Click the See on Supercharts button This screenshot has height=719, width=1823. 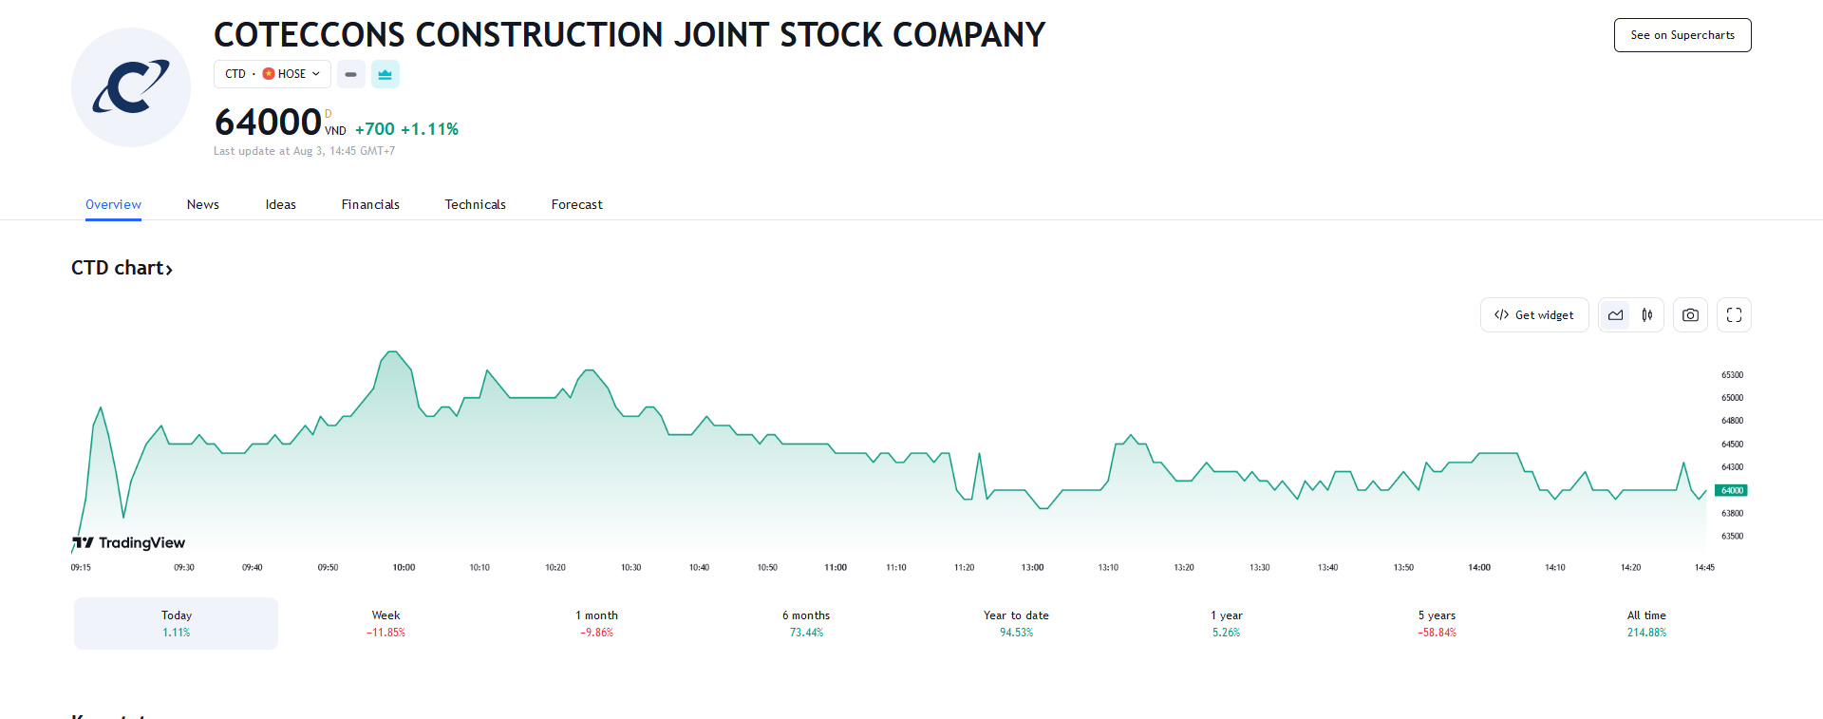click(1682, 35)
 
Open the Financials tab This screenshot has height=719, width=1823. click(370, 204)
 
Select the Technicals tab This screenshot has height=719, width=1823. click(475, 204)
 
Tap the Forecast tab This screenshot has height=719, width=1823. click(576, 204)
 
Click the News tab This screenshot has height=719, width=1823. click(202, 204)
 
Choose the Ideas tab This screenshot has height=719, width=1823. click(280, 204)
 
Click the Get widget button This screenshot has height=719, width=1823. click(1533, 315)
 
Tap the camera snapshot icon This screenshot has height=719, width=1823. click(1690, 315)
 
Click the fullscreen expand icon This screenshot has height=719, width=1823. click(1734, 315)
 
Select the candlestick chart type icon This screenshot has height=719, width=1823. click(1647, 315)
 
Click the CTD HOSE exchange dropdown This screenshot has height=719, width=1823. click(273, 74)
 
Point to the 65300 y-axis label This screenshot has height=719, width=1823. click(1732, 375)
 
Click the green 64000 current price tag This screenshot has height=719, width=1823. click(1731, 491)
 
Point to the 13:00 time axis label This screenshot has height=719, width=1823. click(1032, 568)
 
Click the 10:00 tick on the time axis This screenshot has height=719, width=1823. click(404, 568)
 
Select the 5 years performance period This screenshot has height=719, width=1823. click(1437, 623)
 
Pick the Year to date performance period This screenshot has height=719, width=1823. click(1016, 623)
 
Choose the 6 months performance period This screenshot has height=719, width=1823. click(806, 623)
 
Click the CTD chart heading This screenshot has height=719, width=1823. click(122, 268)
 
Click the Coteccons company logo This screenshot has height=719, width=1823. click(131, 87)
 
